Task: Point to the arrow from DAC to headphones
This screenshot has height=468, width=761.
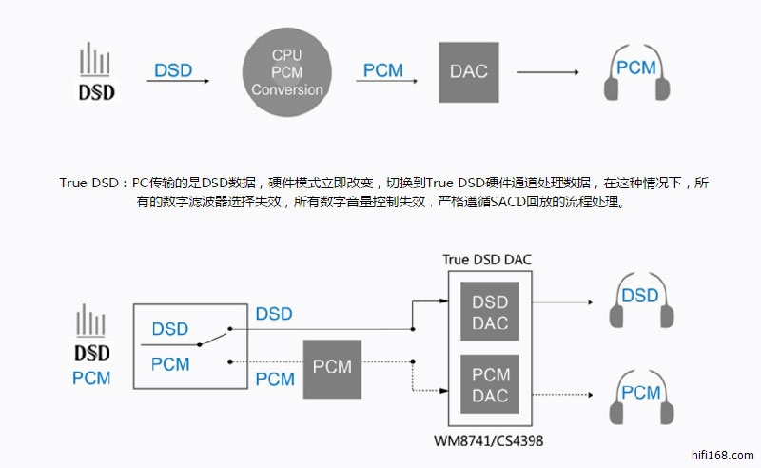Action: tap(548, 72)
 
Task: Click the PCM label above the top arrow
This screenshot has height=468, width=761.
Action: tap(383, 70)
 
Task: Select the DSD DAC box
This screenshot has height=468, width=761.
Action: tap(490, 312)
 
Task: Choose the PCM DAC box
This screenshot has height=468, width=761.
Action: tap(490, 384)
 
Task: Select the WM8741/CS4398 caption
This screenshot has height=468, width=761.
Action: tap(490, 441)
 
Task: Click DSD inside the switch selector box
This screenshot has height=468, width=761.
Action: tap(169, 328)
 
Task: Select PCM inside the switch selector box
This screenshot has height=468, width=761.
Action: tap(169, 364)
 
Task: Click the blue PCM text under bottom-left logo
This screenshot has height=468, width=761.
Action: tap(91, 379)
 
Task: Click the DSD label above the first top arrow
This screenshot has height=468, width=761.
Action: tap(172, 70)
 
